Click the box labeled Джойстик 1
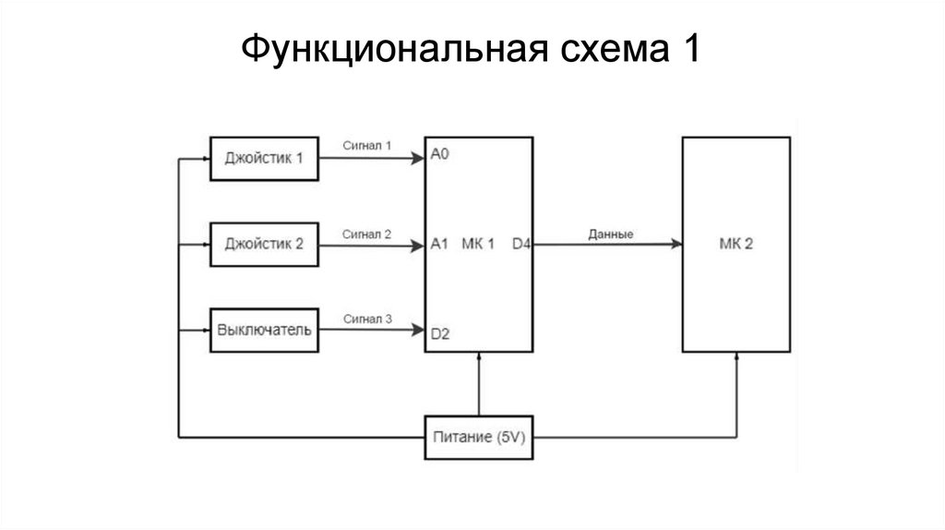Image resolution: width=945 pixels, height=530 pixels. (265, 158)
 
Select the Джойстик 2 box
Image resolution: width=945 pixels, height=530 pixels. (265, 245)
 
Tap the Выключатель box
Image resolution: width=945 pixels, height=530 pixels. (265, 330)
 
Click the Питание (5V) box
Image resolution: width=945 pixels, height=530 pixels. (479, 438)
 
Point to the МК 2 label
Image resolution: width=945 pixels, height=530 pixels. (736, 245)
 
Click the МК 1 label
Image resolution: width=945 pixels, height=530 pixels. (478, 245)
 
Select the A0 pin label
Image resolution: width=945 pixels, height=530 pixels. (439, 155)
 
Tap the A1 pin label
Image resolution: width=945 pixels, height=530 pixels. (439, 245)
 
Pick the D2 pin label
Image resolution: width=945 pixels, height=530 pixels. (439, 334)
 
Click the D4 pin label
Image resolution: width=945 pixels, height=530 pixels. (521, 245)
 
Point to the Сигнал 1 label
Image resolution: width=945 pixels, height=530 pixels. (367, 145)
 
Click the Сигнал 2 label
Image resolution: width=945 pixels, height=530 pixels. (367, 234)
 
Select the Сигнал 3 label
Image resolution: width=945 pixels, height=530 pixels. (367, 319)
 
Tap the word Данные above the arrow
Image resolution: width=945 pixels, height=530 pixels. (611, 235)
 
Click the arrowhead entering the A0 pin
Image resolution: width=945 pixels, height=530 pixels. (419, 158)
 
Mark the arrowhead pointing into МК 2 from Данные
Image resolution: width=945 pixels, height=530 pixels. (677, 245)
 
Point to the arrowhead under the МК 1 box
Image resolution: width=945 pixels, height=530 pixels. (479, 356)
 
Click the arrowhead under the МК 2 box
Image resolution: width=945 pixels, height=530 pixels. (736, 356)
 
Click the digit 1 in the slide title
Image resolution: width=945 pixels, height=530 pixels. (689, 48)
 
